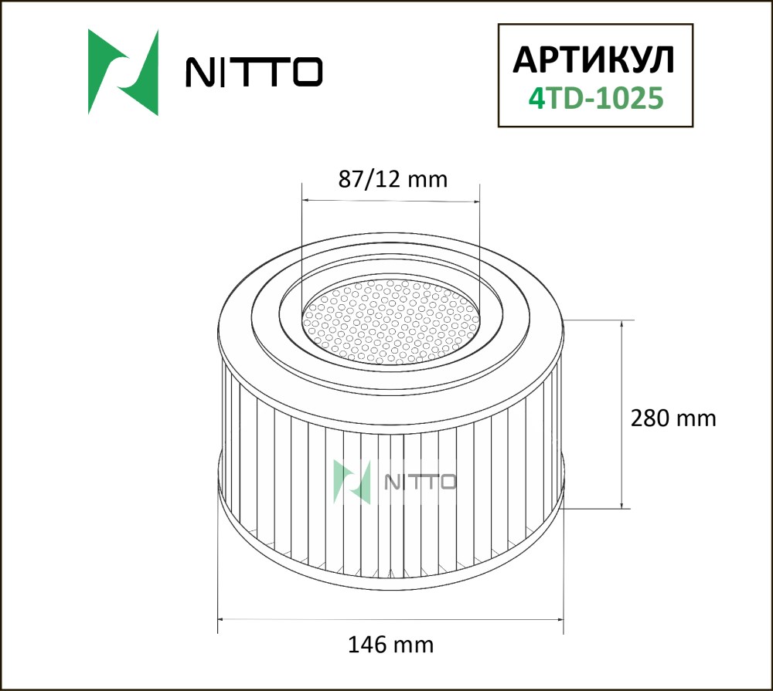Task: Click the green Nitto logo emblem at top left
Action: [123, 73]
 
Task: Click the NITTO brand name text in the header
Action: [254, 72]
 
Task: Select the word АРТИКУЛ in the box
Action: [594, 60]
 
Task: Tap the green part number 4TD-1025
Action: [595, 98]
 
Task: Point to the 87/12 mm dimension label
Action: [393, 179]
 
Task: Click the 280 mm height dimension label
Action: [673, 418]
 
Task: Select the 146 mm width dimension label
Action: [391, 645]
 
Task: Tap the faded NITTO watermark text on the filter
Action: [420, 483]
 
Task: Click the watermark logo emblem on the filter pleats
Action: [352, 482]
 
